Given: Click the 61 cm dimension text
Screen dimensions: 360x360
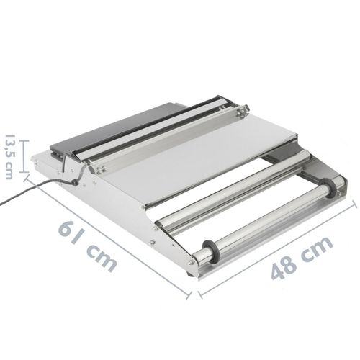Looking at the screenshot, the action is pos(87,246).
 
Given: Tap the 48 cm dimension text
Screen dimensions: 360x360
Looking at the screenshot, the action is pos(302,258).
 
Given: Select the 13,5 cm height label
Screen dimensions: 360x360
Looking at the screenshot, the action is pos(9,156).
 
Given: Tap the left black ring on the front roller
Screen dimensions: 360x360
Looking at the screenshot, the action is pos(211,251).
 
